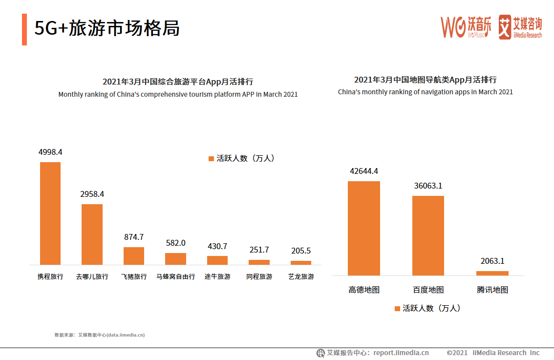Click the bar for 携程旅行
[50, 213]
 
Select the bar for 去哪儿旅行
[92, 234]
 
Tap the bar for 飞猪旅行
[133, 255]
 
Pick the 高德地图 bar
[363, 228]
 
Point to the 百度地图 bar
[428, 235]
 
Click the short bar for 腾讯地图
[492, 273]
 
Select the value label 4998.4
[50, 152]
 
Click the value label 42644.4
[363, 171]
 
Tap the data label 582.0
[175, 243]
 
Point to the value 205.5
[300, 251]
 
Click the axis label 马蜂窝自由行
[175, 276]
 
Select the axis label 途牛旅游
[217, 276]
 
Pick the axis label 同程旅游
[259, 276]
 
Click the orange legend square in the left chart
[211, 159]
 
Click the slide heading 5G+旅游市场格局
[107, 28]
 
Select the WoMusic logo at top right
[466, 27]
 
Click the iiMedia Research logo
[520, 27]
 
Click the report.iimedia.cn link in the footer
[401, 353]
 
